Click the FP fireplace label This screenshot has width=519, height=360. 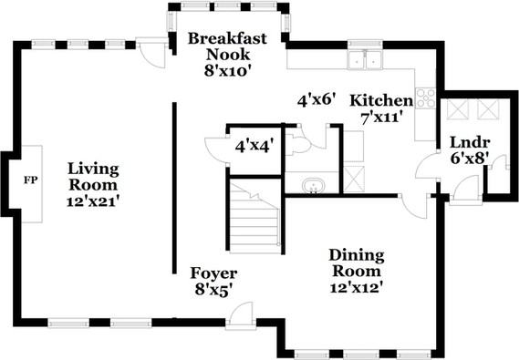pyautogui.click(x=31, y=180)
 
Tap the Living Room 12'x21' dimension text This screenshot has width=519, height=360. pyautogui.click(x=93, y=201)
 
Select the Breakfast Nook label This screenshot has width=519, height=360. pyautogui.click(x=227, y=46)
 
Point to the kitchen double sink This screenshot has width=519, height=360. pyautogui.click(x=366, y=60)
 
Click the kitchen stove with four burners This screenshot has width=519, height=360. pyautogui.click(x=426, y=98)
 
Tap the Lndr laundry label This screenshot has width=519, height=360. pyautogui.click(x=470, y=143)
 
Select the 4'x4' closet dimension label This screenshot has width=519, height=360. pyautogui.click(x=254, y=146)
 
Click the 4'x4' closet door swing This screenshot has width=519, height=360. pyautogui.click(x=215, y=149)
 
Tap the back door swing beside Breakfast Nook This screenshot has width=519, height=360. pyautogui.click(x=153, y=55)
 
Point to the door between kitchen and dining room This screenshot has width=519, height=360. pyautogui.click(x=413, y=207)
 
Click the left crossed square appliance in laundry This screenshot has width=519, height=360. pyautogui.click(x=458, y=109)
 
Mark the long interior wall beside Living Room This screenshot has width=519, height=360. pyautogui.click(x=174, y=188)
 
